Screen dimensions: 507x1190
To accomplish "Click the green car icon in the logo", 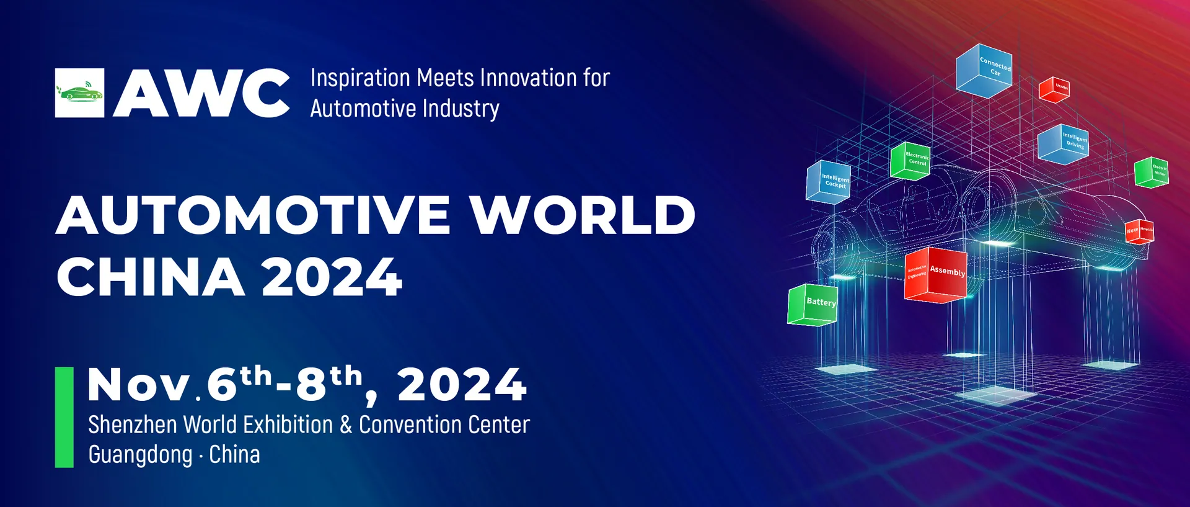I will pos(79,93).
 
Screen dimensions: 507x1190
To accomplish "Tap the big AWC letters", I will pos(201,93).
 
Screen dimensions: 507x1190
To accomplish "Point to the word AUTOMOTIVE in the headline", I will pos(253,215).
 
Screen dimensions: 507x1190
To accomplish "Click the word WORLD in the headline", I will pos(582,215).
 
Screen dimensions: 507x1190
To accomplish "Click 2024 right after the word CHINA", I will pos(332,277).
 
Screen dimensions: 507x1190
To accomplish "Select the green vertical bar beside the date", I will pos(64,416).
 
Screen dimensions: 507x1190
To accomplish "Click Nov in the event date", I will pos(138,385).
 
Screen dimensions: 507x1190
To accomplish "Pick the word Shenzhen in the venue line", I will pos(133,425).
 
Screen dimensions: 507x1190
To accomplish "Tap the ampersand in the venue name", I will pos(346,425).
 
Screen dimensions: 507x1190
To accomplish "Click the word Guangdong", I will pos(140,455).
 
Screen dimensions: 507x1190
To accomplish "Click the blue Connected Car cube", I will pos(984,70).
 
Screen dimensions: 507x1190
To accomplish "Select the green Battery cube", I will pos(813,304).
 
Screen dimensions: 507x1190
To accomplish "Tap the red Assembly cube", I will pos(935,275).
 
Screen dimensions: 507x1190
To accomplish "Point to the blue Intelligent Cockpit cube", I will pos(828,181).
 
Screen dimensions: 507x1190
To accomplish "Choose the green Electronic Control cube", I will pos(910,161).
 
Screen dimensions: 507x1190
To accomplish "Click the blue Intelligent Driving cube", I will pos(1063,143).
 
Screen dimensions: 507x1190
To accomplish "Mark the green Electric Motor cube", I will pos(1152,172).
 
